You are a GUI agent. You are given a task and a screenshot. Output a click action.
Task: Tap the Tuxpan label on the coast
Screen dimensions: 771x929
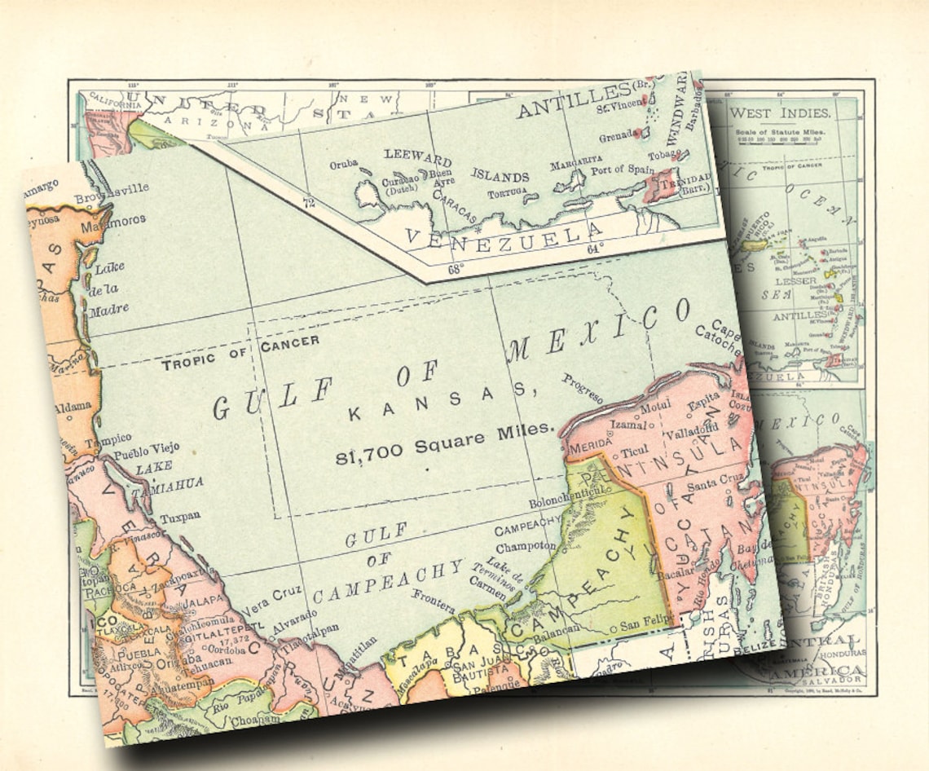[179, 516]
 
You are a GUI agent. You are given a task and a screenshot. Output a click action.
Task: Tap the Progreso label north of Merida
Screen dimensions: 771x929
[583, 388]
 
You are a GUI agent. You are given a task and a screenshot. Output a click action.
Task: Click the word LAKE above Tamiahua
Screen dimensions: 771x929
[154, 468]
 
